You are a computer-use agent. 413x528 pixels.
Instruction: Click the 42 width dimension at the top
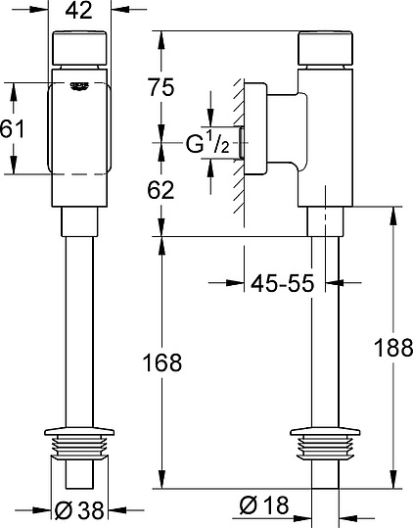pyautogui.click(x=80, y=11)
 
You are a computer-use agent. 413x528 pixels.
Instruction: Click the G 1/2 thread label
pyautogui.click(x=206, y=146)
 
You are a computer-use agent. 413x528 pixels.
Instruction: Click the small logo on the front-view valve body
pyautogui.click(x=79, y=86)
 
